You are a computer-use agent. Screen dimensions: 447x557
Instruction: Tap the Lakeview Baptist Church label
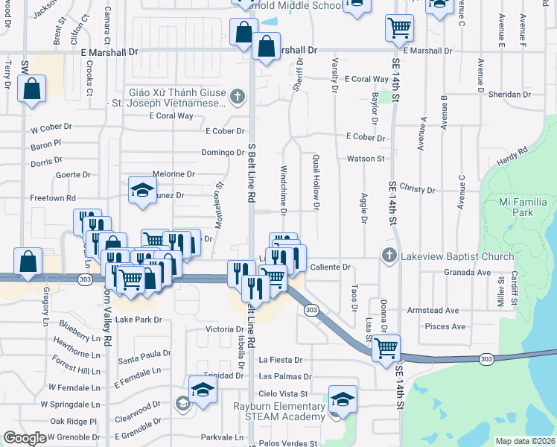click(457, 256)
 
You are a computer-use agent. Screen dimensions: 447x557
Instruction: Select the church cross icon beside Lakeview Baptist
click(388, 256)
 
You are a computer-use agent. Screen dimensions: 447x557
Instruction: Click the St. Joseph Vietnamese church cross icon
click(237, 95)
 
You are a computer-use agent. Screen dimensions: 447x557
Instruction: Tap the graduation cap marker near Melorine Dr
click(141, 191)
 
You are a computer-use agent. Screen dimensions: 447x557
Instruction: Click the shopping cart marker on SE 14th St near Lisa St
click(386, 348)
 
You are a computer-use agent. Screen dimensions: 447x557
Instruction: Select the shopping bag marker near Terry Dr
click(32, 89)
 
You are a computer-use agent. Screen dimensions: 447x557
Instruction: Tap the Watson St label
click(365, 159)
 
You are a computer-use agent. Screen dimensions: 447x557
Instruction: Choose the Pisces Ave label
click(445, 326)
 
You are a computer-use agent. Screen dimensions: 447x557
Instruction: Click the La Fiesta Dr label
click(280, 360)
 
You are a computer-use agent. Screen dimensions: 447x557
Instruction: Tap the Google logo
click(24, 438)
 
